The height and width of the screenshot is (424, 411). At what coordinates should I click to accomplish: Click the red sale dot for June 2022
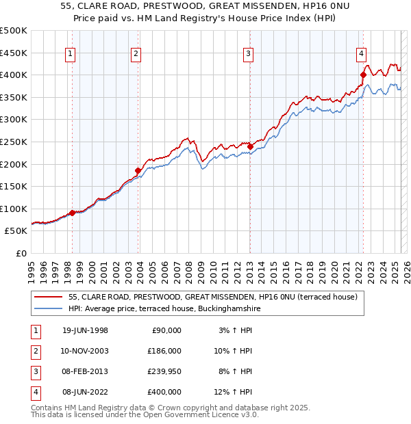pyautogui.click(x=363, y=75)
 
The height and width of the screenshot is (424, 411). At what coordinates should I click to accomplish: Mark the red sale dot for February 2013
pyautogui.click(x=250, y=146)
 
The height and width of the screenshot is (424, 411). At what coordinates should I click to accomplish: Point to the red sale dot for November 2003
pyautogui.click(x=138, y=170)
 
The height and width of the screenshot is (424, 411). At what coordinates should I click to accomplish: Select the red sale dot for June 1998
pyautogui.click(x=73, y=213)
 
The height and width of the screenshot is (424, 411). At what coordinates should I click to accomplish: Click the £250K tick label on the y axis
pyautogui.click(x=14, y=142)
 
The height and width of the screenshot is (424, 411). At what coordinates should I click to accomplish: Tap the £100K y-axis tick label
pyautogui.click(x=14, y=209)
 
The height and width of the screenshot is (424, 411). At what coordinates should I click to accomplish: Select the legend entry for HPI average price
pyautogui.click(x=164, y=309)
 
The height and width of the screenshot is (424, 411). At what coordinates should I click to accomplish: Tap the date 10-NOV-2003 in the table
pyautogui.click(x=85, y=351)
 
